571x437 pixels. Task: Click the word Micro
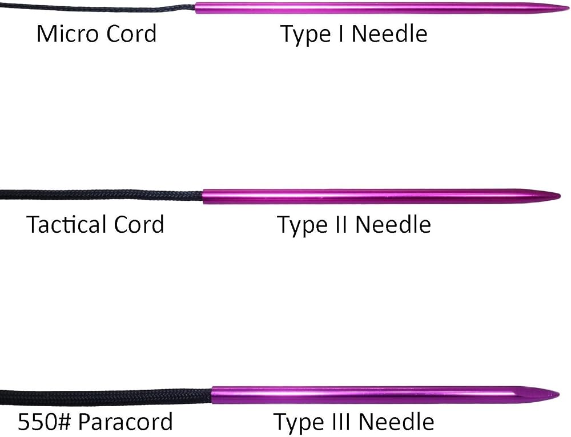pyautogui.click(x=68, y=34)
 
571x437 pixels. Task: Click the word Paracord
pyautogui.click(x=126, y=422)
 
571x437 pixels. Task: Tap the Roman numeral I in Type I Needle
pyautogui.click(x=341, y=34)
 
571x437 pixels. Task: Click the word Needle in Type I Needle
pyautogui.click(x=389, y=34)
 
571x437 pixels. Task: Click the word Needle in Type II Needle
pyautogui.click(x=393, y=225)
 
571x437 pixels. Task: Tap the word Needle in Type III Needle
pyautogui.click(x=397, y=422)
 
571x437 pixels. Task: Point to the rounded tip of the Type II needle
pyautogui.click(x=560, y=196)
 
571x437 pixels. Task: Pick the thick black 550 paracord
pyautogui.click(x=106, y=396)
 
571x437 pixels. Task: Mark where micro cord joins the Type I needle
pyautogui.click(x=196, y=7)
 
